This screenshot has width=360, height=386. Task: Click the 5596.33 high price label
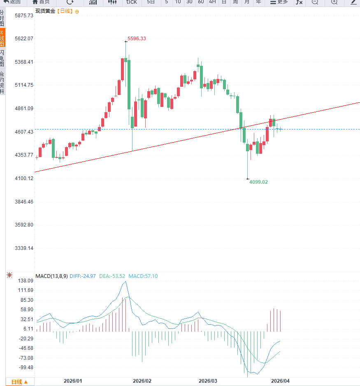(x=137, y=39)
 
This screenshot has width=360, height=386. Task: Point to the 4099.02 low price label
(x=258, y=182)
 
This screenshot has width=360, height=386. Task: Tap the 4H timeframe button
(x=212, y=2)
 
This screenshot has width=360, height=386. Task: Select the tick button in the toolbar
(x=132, y=2)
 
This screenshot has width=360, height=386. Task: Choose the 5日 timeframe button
(x=151, y=2)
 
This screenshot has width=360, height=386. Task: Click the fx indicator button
(x=299, y=2)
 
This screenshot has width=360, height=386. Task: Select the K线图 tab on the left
(x=2, y=38)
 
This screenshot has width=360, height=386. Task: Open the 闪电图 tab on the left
(x=2, y=58)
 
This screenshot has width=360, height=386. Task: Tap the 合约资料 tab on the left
(x=2, y=83)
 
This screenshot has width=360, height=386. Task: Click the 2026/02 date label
(x=142, y=381)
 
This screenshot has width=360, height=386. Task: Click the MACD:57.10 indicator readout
(x=143, y=276)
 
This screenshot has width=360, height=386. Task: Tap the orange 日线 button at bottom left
(x=20, y=382)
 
